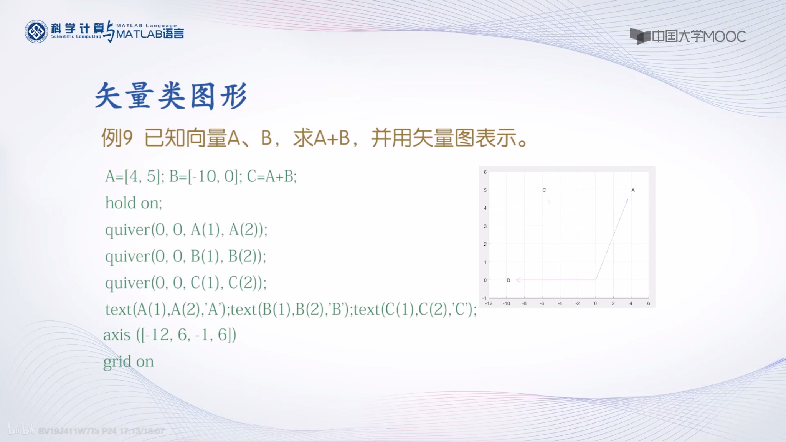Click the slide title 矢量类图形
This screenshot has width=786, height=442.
(x=171, y=96)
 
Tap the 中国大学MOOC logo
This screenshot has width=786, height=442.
(x=687, y=36)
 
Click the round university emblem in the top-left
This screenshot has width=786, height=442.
(x=36, y=31)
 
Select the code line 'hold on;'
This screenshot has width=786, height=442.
(x=134, y=203)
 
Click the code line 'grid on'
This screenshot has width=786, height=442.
(x=129, y=361)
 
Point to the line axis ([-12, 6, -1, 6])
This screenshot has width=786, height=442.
(x=170, y=335)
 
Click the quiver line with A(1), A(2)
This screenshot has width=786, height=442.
(x=186, y=230)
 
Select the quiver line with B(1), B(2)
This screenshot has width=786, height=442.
(x=185, y=256)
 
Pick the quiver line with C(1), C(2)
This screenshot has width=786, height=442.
(x=186, y=283)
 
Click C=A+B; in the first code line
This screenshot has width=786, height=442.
(x=272, y=176)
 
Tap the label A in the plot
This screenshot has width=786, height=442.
(x=633, y=190)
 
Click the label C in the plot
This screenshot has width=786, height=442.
(x=544, y=190)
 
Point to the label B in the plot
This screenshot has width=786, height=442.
(x=509, y=280)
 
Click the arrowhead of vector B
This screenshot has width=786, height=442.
(x=518, y=280)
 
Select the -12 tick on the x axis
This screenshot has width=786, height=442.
(x=489, y=303)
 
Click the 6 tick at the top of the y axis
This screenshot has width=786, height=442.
(x=485, y=172)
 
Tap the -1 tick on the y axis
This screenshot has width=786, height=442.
(x=484, y=298)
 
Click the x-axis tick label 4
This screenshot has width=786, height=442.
(x=631, y=303)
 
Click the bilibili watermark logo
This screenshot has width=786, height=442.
(x=21, y=430)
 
